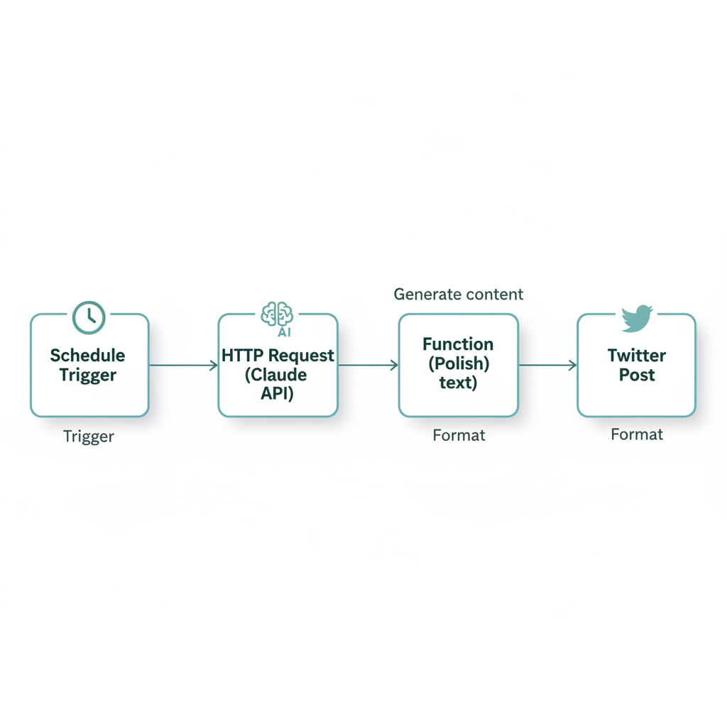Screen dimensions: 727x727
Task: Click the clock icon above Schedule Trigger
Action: [x=89, y=317]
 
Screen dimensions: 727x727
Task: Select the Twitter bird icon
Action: [x=637, y=319]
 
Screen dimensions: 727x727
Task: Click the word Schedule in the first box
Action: [x=88, y=356]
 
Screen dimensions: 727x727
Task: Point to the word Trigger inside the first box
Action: [x=88, y=375]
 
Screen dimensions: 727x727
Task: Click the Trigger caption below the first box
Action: [x=89, y=436]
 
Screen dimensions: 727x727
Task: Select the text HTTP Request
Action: [x=278, y=356]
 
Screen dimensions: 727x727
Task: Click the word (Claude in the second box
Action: [x=277, y=375]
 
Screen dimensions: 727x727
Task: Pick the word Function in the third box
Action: [x=458, y=344]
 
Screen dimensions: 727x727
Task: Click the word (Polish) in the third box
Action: [x=458, y=364]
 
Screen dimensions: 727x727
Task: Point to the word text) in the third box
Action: [x=458, y=383]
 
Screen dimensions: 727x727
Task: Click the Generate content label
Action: [x=459, y=294]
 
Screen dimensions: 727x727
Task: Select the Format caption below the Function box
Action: [x=459, y=435]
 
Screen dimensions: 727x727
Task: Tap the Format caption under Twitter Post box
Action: [x=637, y=434]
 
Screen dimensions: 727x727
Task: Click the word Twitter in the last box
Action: [x=637, y=356]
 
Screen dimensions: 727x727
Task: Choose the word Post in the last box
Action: [x=637, y=375]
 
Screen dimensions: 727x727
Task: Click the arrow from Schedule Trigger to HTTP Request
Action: [x=183, y=366]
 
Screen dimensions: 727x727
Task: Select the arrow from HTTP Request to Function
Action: [x=368, y=366]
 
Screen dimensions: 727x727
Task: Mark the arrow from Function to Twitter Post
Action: [x=547, y=366]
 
